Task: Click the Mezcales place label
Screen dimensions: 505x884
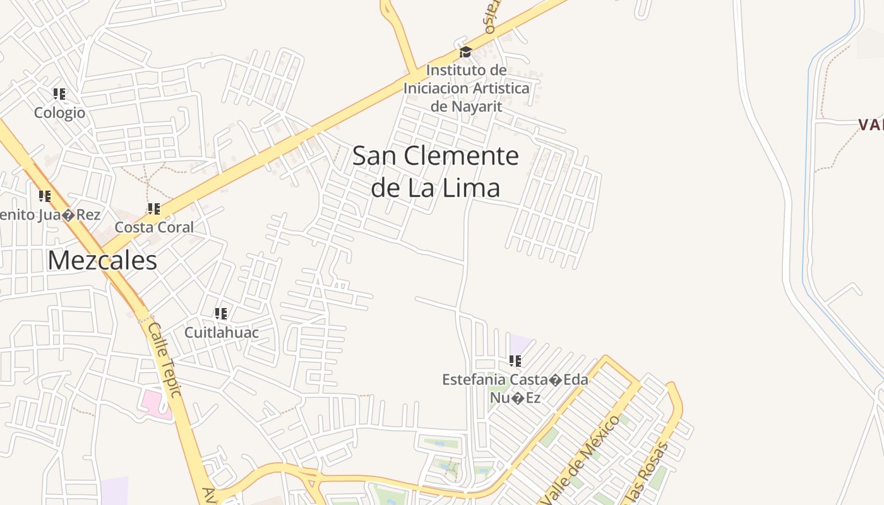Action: coord(102,260)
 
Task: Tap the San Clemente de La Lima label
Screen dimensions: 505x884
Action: coord(436,172)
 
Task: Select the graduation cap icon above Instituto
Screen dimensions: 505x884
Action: coord(465,52)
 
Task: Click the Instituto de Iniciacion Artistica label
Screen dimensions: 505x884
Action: coord(466,88)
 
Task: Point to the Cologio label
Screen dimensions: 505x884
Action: coord(59,113)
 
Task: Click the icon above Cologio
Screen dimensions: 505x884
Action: coord(59,94)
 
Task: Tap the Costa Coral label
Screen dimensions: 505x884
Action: coord(154,227)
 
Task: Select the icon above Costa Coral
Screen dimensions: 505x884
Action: coord(153,208)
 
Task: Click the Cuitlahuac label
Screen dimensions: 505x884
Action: coord(221,332)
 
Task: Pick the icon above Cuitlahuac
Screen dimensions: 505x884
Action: coord(221,313)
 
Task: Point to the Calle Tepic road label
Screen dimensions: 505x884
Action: coord(165,359)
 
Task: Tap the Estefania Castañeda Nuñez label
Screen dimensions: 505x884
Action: coord(515,388)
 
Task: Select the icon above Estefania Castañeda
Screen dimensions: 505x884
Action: coord(515,361)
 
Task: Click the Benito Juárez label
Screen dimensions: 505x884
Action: coord(51,215)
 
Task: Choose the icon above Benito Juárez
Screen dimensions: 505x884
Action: coord(45,196)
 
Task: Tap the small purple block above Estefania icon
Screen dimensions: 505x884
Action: coord(519,344)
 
